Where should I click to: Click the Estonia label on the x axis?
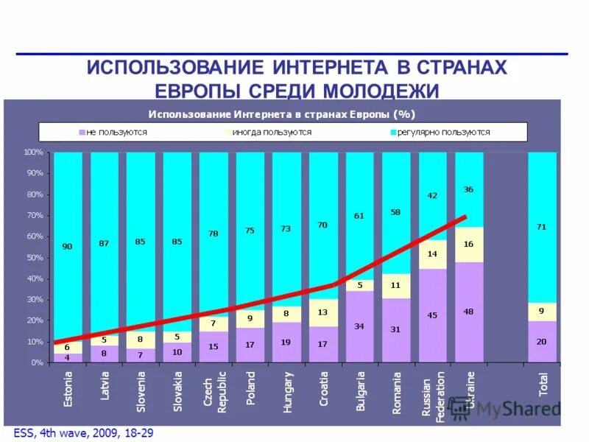tap(68, 390)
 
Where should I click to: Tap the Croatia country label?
tap(324, 388)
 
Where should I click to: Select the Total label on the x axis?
tap(543, 383)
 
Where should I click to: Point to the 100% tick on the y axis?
tap(34, 152)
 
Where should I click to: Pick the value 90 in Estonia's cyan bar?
tap(67, 247)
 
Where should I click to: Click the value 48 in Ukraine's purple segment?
tap(469, 312)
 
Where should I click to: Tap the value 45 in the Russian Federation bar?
tap(432, 315)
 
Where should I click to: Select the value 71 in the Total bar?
tap(542, 227)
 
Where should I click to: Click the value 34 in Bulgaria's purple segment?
tap(359, 326)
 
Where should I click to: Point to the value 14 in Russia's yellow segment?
tap(432, 253)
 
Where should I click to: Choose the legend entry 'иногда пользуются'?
tap(271, 133)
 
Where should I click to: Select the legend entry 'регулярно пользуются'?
tap(442, 133)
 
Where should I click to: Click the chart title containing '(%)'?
tap(282, 114)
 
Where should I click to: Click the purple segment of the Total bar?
tap(542, 342)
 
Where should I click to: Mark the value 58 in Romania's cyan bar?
tap(395, 212)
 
